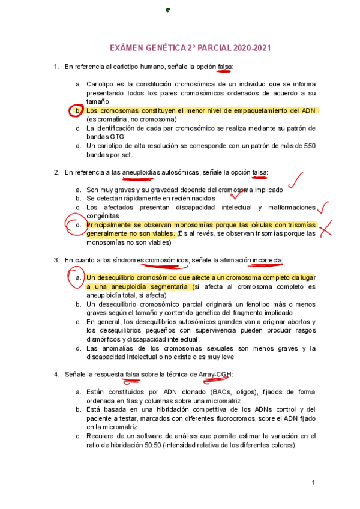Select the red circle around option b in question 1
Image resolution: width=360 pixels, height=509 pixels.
(76, 111)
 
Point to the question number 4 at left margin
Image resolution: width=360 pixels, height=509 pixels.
(56, 375)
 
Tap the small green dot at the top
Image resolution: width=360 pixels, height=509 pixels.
(169, 10)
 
